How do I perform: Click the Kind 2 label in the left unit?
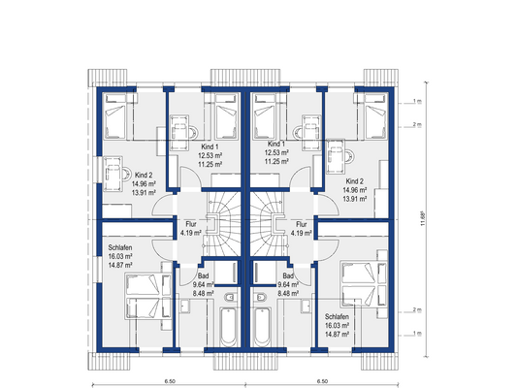[144, 175]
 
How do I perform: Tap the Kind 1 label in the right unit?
[276, 145]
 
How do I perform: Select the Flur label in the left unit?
[190, 224]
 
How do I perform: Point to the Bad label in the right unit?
[288, 275]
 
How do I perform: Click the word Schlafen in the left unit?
[120, 247]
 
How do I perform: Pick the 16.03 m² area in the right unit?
[337, 325]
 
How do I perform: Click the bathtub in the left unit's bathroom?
[229, 327]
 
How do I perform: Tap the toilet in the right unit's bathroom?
[260, 297]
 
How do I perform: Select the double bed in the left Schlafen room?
[148, 297]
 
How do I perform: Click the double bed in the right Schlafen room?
[364, 284]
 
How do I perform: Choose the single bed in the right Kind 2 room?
[375, 116]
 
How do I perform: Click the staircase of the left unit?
[224, 224]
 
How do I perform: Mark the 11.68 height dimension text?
[423, 218]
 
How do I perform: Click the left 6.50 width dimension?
[170, 381]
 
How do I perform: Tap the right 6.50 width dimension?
[322, 381]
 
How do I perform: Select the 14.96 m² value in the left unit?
[144, 184]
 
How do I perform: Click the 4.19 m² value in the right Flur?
[301, 233]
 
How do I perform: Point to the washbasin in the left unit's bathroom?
[184, 307]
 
